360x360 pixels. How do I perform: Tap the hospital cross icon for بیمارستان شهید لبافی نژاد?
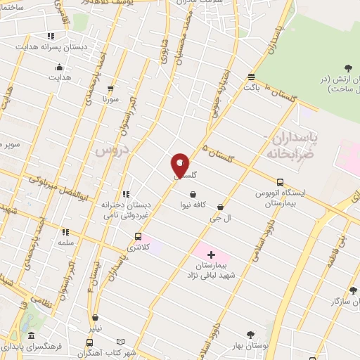212,255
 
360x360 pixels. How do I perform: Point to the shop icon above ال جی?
221,207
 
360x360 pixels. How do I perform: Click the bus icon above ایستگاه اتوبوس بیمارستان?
281,181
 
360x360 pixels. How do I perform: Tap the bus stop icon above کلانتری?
138,236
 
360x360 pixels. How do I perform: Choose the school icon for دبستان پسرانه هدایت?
50,36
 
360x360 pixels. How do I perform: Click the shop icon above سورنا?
110,89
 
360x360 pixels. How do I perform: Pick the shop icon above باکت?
252,77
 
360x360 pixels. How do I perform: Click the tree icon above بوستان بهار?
250,335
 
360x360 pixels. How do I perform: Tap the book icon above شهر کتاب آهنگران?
120,342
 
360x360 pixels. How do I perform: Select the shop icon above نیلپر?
95,318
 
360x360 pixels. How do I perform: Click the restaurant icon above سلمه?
65,231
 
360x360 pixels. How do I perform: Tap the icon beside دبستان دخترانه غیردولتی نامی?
127,194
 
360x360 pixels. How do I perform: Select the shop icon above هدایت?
59,68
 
